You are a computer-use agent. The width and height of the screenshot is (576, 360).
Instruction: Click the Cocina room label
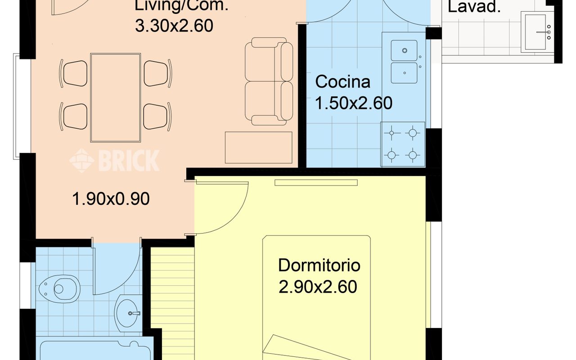tap(342, 82)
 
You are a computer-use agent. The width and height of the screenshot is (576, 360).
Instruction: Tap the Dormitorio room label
tap(319, 265)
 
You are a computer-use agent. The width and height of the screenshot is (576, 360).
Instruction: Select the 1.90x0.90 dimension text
tap(111, 199)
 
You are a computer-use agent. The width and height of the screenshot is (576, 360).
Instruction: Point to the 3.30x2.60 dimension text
tap(174, 26)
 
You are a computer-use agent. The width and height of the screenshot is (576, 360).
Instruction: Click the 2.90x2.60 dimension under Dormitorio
tap(318, 287)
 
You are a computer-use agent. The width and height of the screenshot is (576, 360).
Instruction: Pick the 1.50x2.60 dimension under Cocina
tap(354, 103)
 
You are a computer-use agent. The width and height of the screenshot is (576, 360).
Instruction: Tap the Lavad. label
tap(474, 7)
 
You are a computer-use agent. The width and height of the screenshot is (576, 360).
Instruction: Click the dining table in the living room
tap(116, 98)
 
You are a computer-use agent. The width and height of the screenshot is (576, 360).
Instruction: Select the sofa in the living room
tap(269, 81)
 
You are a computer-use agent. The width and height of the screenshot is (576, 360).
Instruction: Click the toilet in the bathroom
tap(59, 289)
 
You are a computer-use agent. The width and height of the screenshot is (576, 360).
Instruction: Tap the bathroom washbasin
tap(128, 313)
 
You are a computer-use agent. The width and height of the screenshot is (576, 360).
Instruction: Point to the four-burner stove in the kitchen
tap(402, 144)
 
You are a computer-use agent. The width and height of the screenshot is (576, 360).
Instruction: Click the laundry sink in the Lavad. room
tap(537, 32)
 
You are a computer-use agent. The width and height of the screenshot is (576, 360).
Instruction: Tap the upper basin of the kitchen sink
tap(404, 50)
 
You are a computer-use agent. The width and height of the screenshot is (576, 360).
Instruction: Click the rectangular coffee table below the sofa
tap(258, 148)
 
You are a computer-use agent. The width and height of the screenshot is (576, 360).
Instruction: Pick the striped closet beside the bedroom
tap(172, 303)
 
